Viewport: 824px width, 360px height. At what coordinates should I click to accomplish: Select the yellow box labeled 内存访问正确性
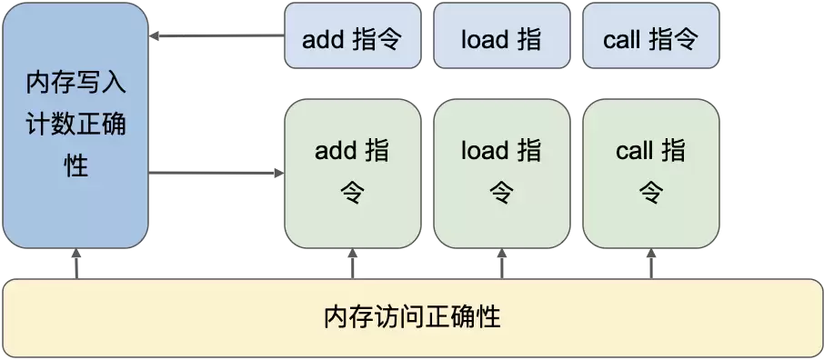point(412,318)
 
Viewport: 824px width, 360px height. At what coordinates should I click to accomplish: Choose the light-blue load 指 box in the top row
point(501,35)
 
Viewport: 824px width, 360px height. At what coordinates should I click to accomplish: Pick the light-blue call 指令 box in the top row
point(650,35)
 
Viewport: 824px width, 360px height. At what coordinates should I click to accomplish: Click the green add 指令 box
point(353,173)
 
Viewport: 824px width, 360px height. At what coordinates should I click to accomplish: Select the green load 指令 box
point(501,173)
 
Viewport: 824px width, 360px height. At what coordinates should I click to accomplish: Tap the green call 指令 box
point(650,173)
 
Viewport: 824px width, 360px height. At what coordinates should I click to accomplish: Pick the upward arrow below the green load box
point(501,264)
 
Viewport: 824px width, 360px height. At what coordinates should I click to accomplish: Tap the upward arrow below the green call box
point(650,264)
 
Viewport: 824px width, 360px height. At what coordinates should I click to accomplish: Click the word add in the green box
point(334,151)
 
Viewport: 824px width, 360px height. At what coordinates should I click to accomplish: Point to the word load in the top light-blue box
point(484,40)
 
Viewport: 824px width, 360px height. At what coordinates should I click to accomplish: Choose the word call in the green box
point(634,151)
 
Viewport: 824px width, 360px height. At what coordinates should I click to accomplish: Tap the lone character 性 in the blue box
point(76,166)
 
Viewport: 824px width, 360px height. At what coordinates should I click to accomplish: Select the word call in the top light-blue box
point(621,40)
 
